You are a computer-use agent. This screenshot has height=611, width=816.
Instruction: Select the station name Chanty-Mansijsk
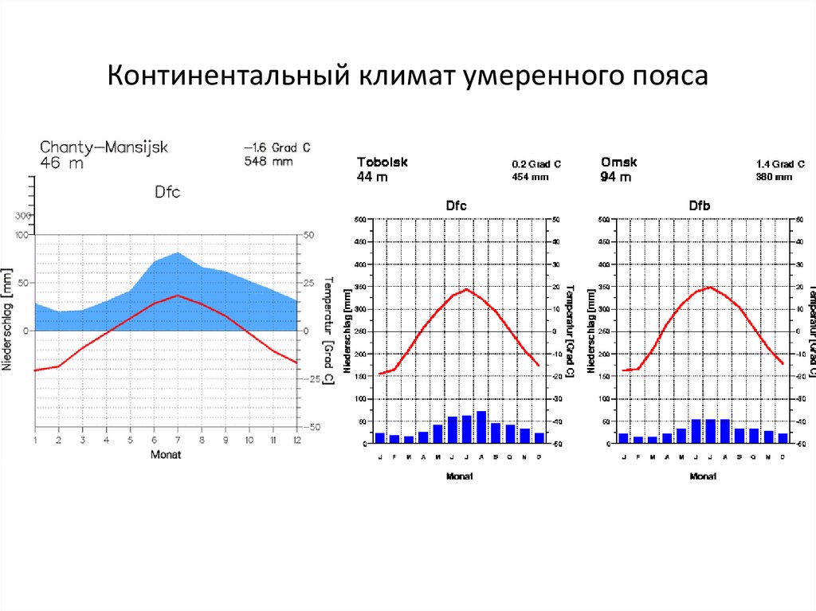[104, 147]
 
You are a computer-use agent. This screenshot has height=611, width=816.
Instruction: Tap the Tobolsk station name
[382, 162]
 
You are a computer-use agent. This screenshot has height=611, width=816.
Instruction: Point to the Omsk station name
[618, 162]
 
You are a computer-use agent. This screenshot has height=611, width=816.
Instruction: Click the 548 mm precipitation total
[268, 161]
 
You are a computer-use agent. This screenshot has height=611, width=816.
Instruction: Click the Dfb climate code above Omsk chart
[699, 206]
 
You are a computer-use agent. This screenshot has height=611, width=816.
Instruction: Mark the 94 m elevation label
[616, 177]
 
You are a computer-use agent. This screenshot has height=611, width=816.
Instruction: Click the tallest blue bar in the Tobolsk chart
[481, 426]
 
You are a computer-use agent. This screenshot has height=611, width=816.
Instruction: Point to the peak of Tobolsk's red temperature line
[467, 289]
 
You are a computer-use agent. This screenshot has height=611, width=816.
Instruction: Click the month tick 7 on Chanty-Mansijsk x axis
[178, 440]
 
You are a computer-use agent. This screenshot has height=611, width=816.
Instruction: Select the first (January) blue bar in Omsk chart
[624, 437]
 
